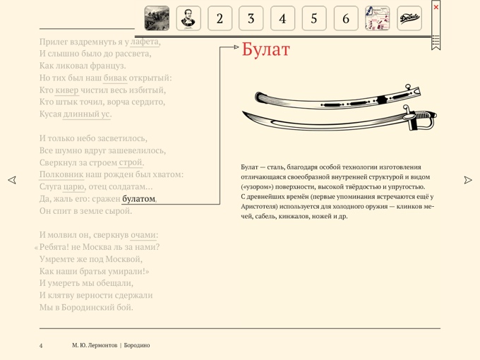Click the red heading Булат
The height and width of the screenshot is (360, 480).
pos(265,49)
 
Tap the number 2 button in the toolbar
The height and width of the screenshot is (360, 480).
pos(220,18)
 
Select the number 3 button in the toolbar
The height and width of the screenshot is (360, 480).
pos(251,18)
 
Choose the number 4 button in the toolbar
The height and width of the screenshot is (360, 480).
pos(282,18)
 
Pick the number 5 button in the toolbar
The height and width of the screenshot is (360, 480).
pos(314,18)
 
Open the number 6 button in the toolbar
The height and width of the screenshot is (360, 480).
pos(346,18)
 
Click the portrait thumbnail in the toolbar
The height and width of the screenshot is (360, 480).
pos(188,18)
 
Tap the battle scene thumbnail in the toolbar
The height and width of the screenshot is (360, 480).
pos(157,18)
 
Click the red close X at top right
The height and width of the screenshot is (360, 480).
pos(436,7)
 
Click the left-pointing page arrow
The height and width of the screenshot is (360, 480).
pos(12,180)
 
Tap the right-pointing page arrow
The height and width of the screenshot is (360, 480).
pos(468,180)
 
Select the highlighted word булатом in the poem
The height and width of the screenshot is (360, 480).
pos(138,199)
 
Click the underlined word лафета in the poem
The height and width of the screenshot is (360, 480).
pos(145,42)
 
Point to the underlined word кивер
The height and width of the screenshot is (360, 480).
pos(67,90)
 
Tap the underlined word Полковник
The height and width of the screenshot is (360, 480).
pos(61,174)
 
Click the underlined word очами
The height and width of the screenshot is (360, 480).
pos(144,235)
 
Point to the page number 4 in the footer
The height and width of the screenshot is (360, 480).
pos(41,345)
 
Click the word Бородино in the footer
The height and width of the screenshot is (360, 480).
pos(138,345)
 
